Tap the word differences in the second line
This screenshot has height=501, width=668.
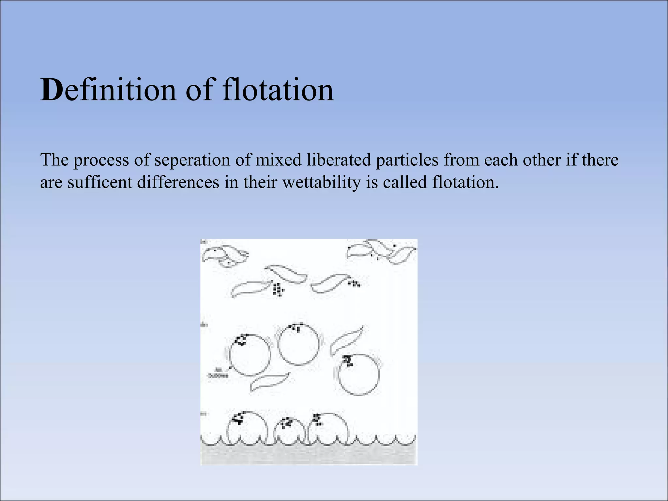click(178, 182)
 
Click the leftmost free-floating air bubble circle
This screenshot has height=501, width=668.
click(250, 355)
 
